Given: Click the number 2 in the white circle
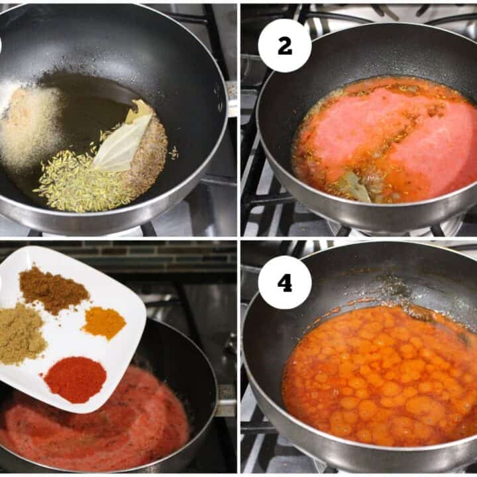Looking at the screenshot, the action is click(x=285, y=46).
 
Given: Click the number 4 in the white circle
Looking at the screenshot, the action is click(x=285, y=283).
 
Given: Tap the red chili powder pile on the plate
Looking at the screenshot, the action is click(x=76, y=380).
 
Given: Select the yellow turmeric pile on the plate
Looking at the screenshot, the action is click(x=104, y=323).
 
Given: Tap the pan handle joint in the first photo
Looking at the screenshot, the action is click(x=231, y=99).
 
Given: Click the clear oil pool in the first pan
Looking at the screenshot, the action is click(x=88, y=101).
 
